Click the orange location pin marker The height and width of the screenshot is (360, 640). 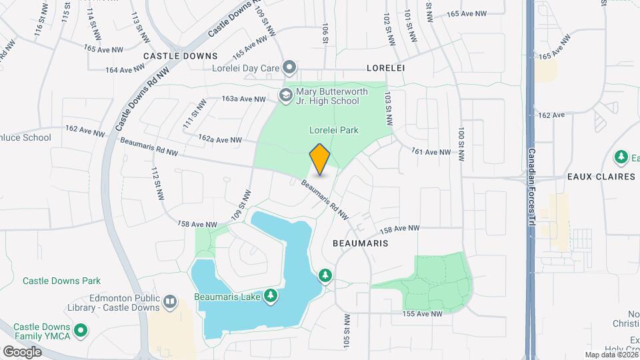pyautogui.click(x=320, y=159)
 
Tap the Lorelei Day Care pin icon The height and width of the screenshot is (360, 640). pyautogui.click(x=289, y=67)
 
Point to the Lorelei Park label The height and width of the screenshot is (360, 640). pyautogui.click(x=333, y=130)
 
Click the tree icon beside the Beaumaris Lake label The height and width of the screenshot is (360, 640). pyautogui.click(x=271, y=295)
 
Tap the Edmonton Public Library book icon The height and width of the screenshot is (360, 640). pyautogui.click(x=170, y=302)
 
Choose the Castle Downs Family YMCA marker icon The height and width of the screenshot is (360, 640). pyautogui.click(x=81, y=330)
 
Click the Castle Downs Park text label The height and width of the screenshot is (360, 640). pyautogui.click(x=61, y=281)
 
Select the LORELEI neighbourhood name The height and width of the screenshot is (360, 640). pyautogui.click(x=386, y=68)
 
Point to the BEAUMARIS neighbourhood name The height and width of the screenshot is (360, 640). pyautogui.click(x=360, y=244)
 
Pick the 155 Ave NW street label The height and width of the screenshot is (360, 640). pyautogui.click(x=422, y=313)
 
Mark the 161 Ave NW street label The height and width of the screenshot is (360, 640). pyautogui.click(x=431, y=152)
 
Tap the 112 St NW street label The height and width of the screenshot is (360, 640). pyautogui.click(x=157, y=184)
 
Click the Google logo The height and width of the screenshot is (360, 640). pyautogui.click(x=22, y=351)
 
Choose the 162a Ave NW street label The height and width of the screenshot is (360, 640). pyautogui.click(x=221, y=139)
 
